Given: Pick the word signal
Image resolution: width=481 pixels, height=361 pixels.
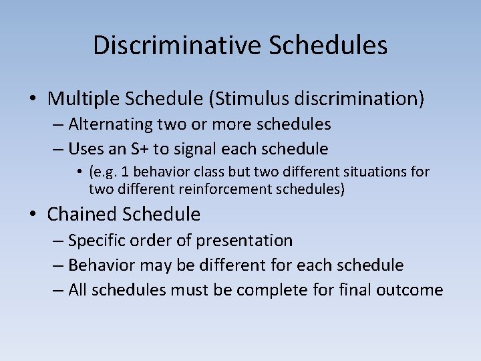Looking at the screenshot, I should tap(204, 148).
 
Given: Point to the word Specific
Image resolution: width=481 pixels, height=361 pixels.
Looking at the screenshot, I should tap(96, 240).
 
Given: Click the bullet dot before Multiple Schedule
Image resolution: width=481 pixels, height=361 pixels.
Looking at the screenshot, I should tap(33, 100).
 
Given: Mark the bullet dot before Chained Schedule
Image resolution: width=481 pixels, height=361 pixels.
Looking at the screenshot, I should tap(33, 215).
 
